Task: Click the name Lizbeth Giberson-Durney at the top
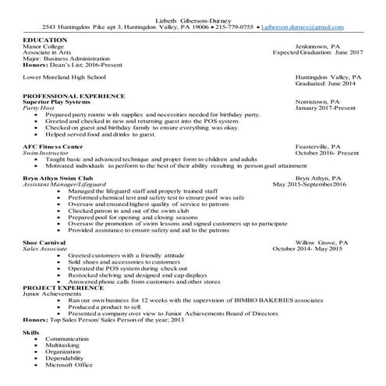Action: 193,16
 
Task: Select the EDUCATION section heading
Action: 45,40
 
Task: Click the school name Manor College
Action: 44,47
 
